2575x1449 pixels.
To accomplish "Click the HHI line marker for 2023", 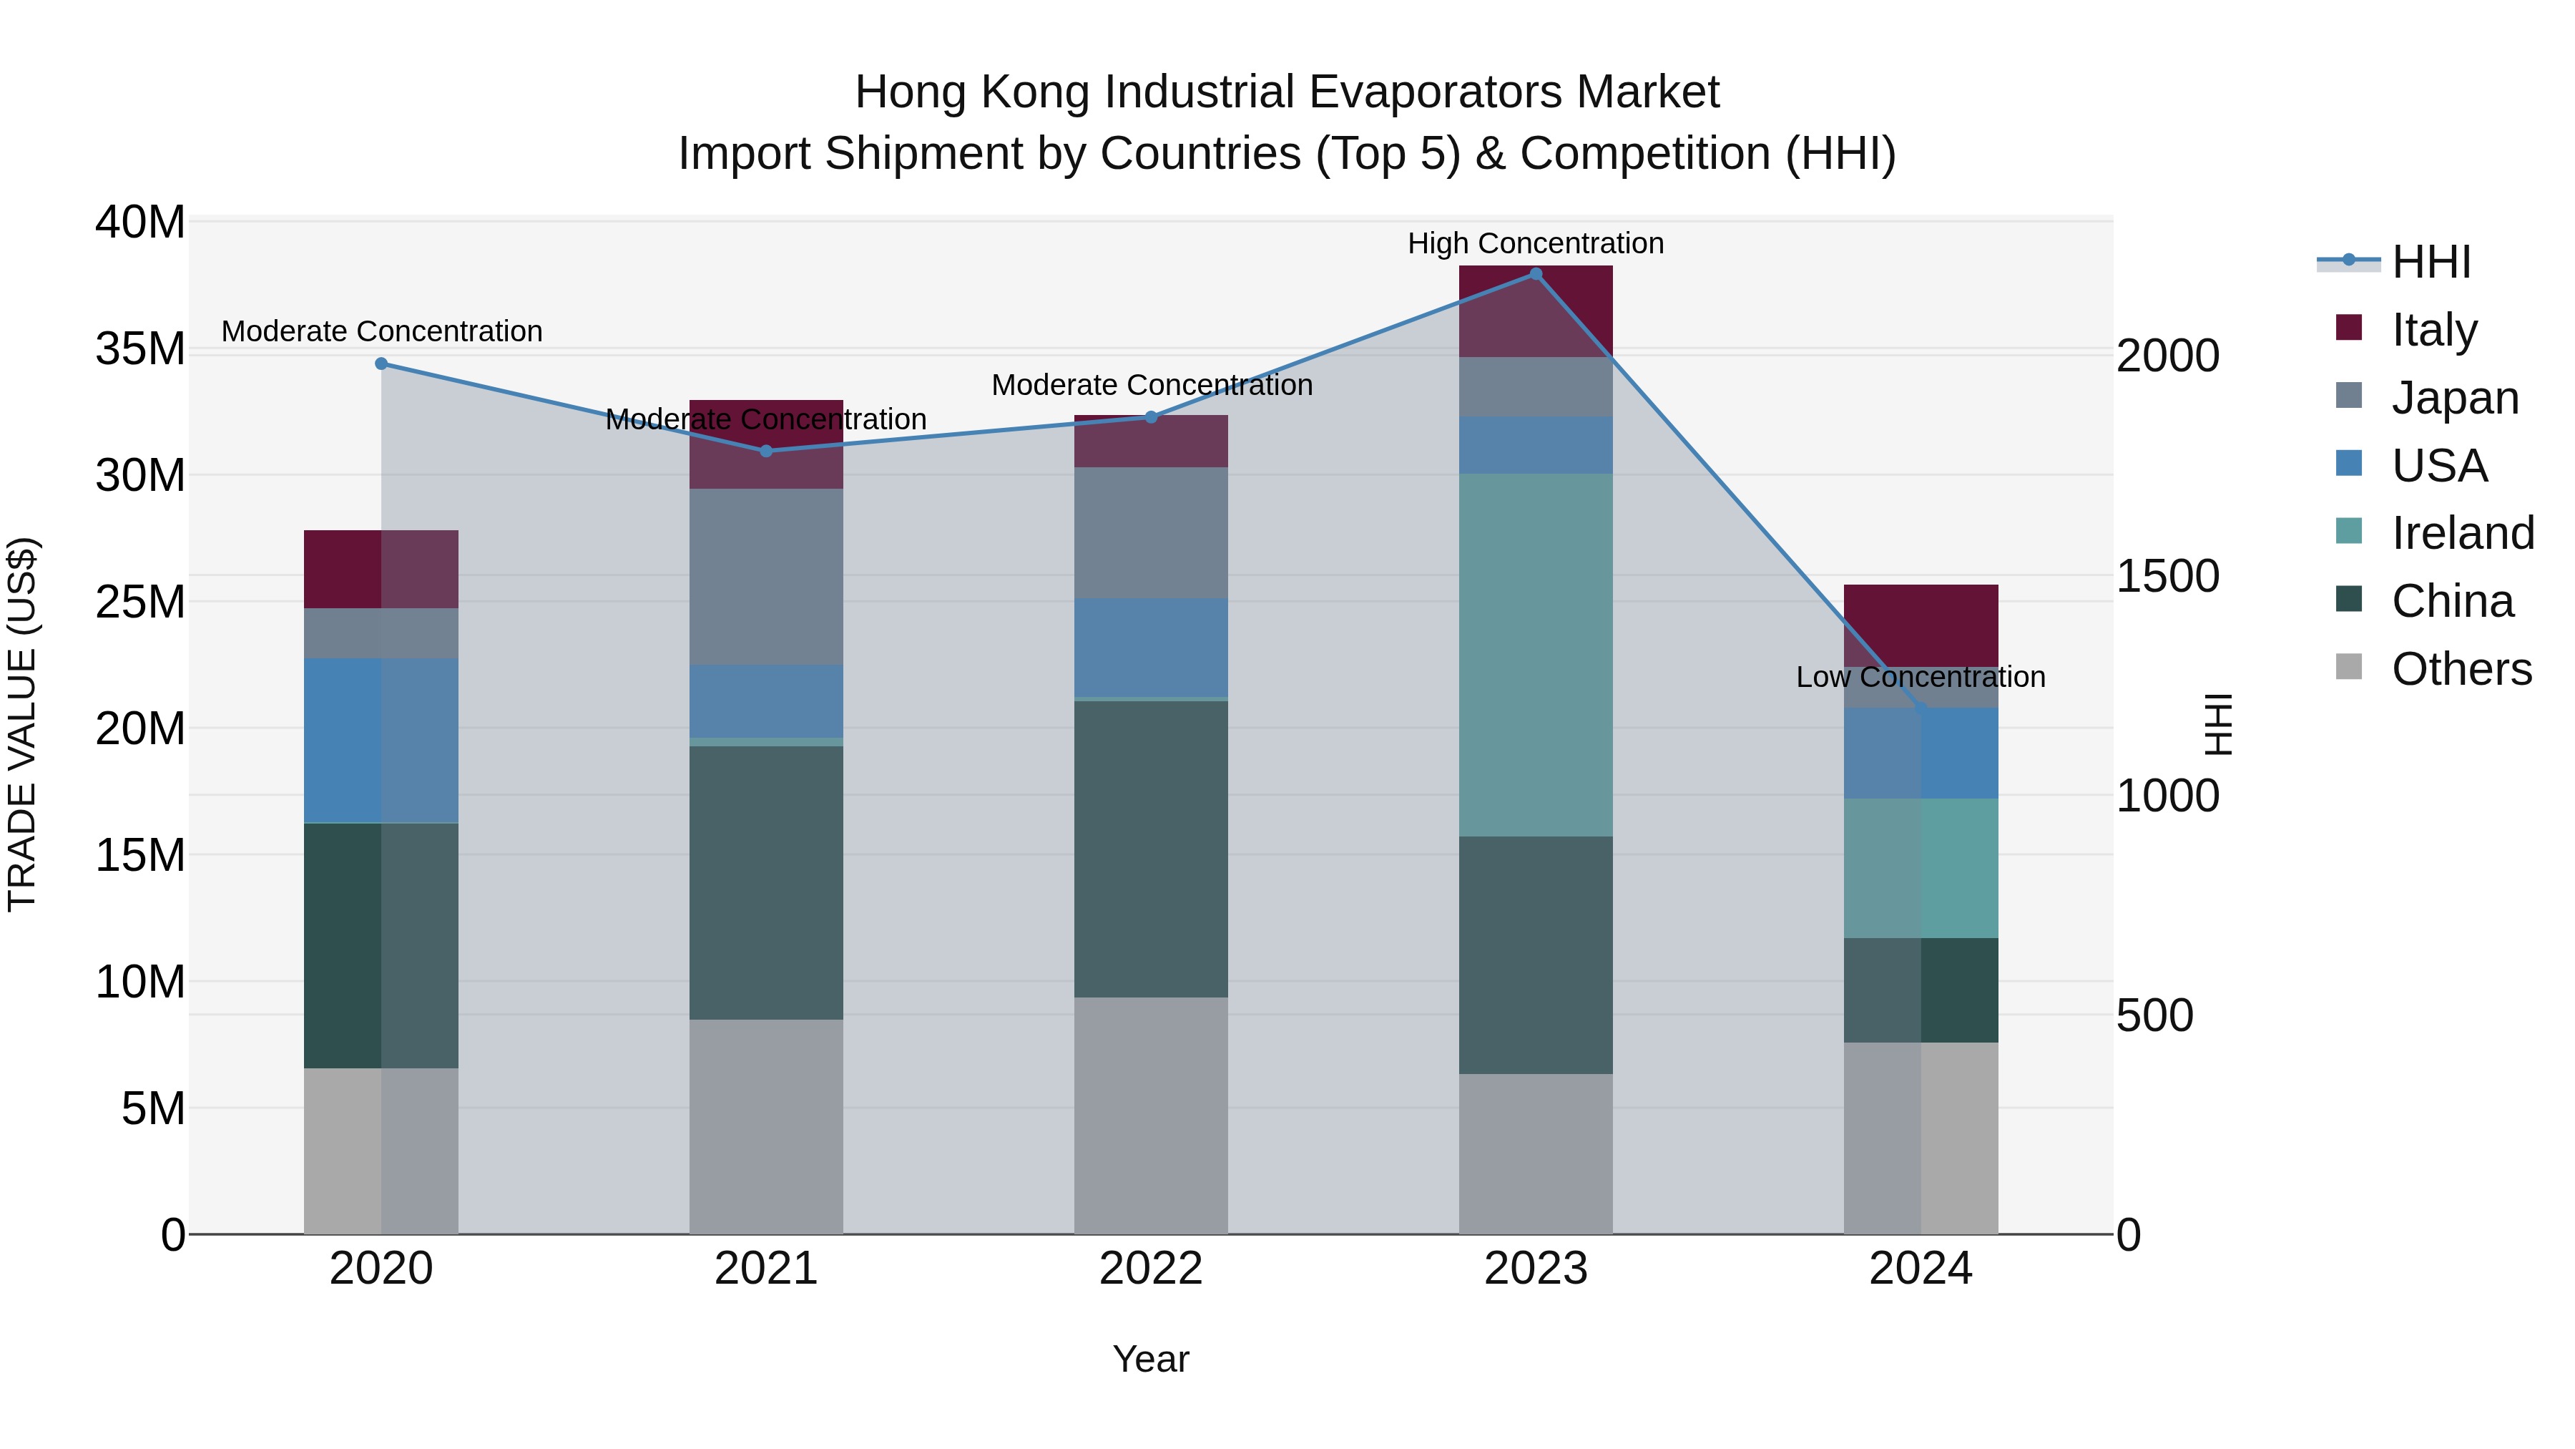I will [1536, 274].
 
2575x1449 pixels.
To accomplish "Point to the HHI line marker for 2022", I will [1151, 417].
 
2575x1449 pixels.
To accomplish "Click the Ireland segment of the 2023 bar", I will [1536, 655].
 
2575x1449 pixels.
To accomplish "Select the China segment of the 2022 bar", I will [1151, 848].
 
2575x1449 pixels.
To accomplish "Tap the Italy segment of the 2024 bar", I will [1921, 625].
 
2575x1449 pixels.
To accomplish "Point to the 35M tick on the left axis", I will [140, 349].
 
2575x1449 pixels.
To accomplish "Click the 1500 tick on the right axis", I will [2168, 576].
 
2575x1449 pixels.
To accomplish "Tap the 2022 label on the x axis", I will [1151, 1269].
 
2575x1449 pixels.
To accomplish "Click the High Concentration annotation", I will [1536, 243].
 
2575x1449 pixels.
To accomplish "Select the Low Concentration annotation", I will [1921, 677].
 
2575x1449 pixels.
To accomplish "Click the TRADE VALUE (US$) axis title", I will [22, 724].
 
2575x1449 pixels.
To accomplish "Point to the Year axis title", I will [1151, 1359].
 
